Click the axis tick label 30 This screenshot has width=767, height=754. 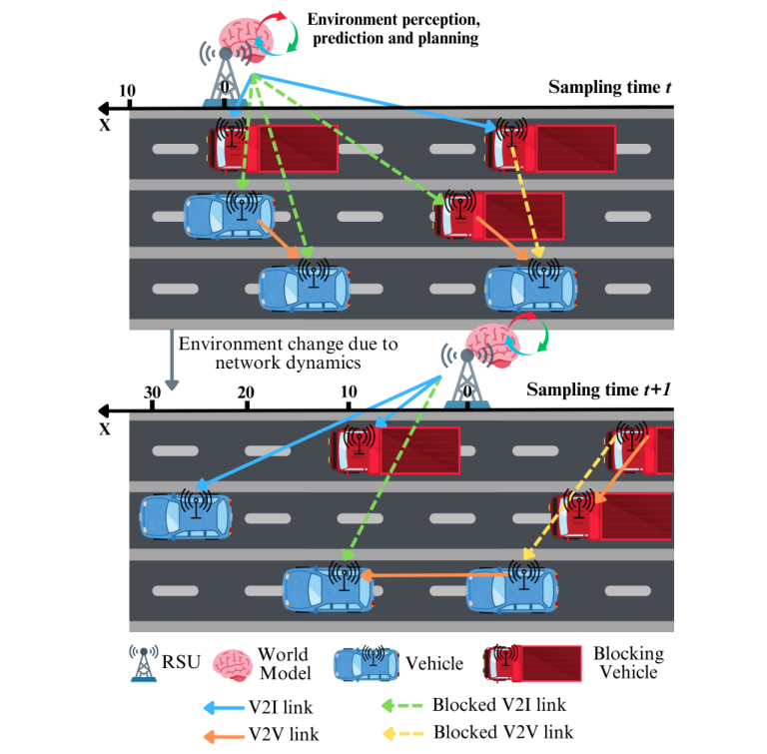click(x=152, y=392)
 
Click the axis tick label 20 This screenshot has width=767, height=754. click(x=246, y=392)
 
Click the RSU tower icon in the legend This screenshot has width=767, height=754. click(x=145, y=663)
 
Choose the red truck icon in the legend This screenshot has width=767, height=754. click(x=532, y=663)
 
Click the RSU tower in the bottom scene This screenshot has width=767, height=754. click(x=465, y=379)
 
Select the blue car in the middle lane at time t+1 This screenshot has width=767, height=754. click(x=187, y=514)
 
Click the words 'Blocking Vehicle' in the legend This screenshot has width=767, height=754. click(x=628, y=663)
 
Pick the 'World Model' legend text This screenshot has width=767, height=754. click(x=283, y=663)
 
